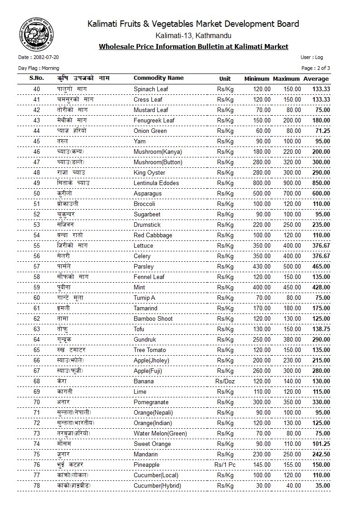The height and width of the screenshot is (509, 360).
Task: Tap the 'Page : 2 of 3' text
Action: click(316, 68)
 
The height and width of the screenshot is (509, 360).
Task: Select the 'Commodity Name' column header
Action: click(158, 78)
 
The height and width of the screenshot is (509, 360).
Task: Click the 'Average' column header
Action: click(316, 79)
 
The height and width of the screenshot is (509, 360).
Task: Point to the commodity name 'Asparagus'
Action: click(148, 194)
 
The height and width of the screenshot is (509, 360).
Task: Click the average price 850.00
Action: click(321, 183)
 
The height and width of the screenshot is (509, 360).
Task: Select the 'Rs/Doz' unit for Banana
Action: click(225, 382)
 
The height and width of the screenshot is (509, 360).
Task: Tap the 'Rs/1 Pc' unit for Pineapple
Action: click(225, 465)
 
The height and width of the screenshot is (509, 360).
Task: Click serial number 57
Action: click(37, 267)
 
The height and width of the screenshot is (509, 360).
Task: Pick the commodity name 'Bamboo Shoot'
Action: click(153, 319)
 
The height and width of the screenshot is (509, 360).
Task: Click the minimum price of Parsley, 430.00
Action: click(262, 267)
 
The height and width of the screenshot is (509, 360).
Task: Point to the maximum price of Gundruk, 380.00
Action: click(292, 340)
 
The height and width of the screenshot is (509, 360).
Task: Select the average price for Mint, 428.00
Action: click(321, 288)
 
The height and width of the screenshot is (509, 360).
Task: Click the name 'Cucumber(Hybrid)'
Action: click(157, 486)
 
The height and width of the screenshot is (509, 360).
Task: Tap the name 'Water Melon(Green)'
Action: click(160, 434)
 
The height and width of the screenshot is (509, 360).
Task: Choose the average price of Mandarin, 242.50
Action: click(321, 455)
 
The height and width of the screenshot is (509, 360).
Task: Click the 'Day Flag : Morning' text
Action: click(39, 68)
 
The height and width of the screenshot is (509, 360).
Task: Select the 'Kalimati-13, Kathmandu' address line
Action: click(193, 35)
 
